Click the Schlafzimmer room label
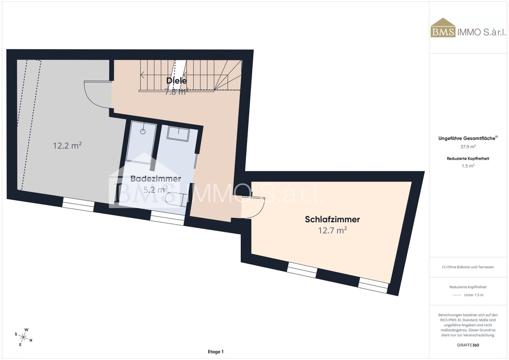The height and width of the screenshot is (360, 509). coord(332,219)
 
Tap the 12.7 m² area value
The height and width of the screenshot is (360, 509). coord(332,231)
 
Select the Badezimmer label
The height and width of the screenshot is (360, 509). coord(156,179)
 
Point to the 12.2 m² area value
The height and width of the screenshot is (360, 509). coord(67,146)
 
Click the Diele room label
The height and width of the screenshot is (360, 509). coord(177,81)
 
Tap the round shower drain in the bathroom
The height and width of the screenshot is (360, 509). coord(143,131)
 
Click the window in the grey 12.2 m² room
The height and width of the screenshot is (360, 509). coord(78,205)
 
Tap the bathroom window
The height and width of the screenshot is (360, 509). coord(167,218)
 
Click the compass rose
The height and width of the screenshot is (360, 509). coord(23,337)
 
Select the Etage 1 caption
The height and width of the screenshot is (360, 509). coord(216,352)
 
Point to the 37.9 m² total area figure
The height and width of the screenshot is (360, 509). coord(468,147)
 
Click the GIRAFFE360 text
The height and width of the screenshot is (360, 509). coord(468,345)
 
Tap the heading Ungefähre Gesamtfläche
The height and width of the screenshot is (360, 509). coord(467,138)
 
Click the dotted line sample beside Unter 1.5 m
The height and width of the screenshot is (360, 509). coord(457,295)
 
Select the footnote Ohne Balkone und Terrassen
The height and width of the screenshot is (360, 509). coord(468,267)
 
